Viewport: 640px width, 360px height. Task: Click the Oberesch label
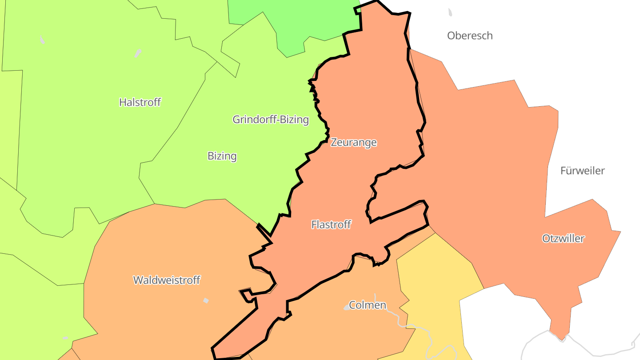470,36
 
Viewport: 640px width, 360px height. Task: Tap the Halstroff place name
140,102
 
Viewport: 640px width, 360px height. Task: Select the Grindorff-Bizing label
271,119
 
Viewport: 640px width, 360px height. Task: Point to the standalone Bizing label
222,156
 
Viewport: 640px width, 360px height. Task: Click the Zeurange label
354,142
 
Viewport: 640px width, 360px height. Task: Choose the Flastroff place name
331,224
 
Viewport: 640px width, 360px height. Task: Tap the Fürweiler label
582,171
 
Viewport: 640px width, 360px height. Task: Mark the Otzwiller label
563,238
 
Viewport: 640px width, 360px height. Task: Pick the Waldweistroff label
167,280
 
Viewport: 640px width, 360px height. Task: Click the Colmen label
368,305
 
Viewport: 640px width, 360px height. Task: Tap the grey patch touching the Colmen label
347,307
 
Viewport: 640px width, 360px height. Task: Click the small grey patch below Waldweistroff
206,300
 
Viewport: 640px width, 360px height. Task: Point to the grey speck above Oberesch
450,12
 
